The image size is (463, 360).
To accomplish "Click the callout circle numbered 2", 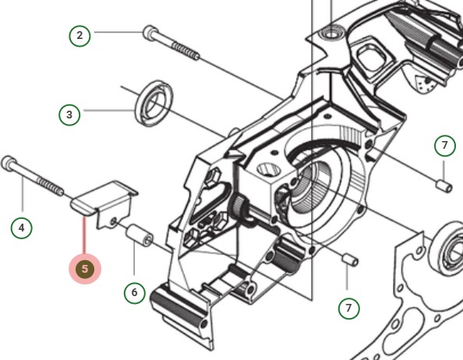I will pyautogui.click(x=79, y=35).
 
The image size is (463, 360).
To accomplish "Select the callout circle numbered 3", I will pyautogui.click(x=69, y=115).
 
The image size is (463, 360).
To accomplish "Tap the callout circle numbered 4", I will pyautogui.click(x=22, y=228).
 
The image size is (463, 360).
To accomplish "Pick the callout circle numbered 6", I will pyautogui.click(x=135, y=293).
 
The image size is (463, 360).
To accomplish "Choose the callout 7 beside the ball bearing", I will pyautogui.click(x=444, y=146).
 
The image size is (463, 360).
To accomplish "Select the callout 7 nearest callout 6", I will pyautogui.click(x=348, y=308).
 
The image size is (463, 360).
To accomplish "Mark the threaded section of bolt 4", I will pyautogui.click(x=55, y=188).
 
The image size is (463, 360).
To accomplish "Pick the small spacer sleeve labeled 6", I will pyautogui.click(x=140, y=235).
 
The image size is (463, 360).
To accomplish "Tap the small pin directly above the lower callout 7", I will pyautogui.click(x=350, y=259).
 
